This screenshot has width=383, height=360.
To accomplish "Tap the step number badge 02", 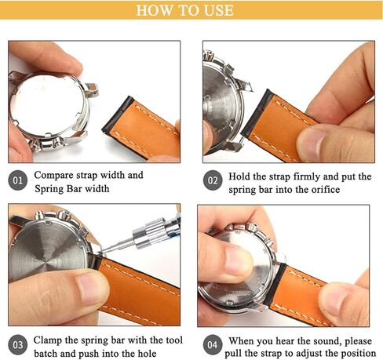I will click(x=212, y=182).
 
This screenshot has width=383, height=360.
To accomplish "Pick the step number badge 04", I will click(x=212, y=346).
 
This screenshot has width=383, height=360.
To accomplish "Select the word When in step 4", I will click(x=246, y=339).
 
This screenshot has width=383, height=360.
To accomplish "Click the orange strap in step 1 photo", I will click(x=145, y=129).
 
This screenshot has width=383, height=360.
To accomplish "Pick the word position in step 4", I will click(x=350, y=354).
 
